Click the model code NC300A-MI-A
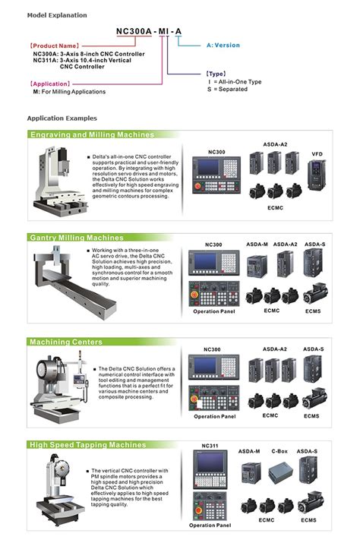pos(149,31)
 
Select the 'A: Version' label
pos(223,46)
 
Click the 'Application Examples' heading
pos(62,118)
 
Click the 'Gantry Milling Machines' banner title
pos(76,238)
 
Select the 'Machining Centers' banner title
pos(66,342)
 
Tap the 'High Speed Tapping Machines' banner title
pos(88,445)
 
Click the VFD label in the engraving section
pos(316,154)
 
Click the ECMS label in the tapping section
pos(308,519)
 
